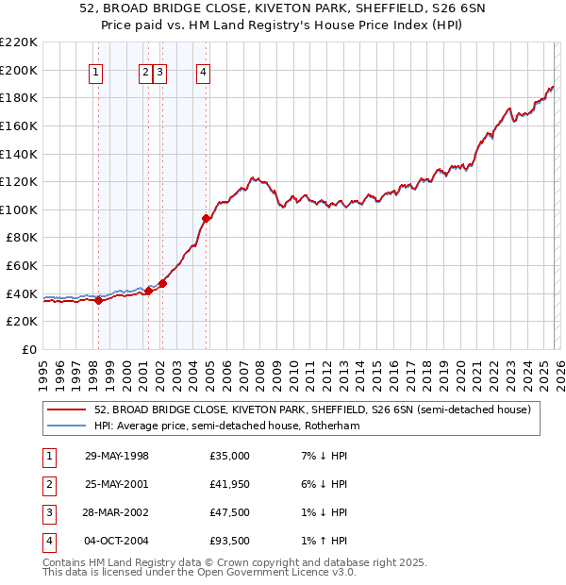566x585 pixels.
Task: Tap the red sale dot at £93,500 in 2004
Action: click(206, 219)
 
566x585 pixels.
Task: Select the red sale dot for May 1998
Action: click(98, 301)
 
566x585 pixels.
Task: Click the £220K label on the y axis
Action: click(19, 42)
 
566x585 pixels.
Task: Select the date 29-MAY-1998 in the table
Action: click(116, 456)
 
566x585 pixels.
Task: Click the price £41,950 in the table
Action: click(229, 484)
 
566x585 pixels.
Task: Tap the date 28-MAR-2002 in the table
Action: click(116, 512)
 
